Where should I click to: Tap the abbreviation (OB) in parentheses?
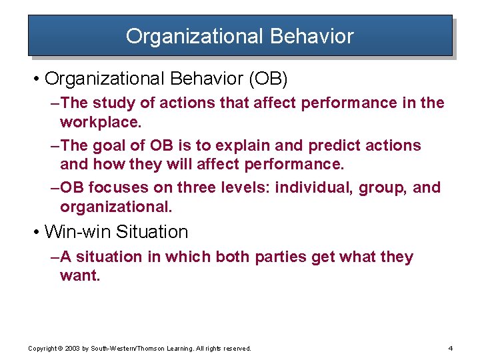click(268, 79)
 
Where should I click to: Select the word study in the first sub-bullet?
click(114, 103)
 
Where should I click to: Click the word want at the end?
click(79, 275)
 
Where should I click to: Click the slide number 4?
click(451, 348)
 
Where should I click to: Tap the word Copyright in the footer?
click(42, 349)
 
